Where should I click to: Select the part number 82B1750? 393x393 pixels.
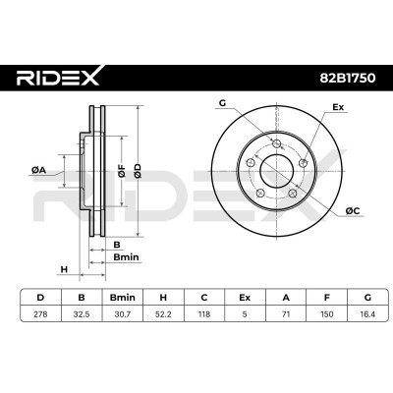point(347,79)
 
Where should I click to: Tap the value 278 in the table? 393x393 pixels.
point(40,314)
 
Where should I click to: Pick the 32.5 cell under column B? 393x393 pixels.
point(82,314)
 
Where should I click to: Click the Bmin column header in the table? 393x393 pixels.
point(123,298)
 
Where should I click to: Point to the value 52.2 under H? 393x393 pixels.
point(163,314)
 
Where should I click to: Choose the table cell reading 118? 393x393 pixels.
point(204,314)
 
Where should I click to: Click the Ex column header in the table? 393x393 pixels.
point(245,298)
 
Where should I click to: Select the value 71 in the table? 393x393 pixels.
point(286,314)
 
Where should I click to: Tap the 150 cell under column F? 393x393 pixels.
point(326,314)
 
